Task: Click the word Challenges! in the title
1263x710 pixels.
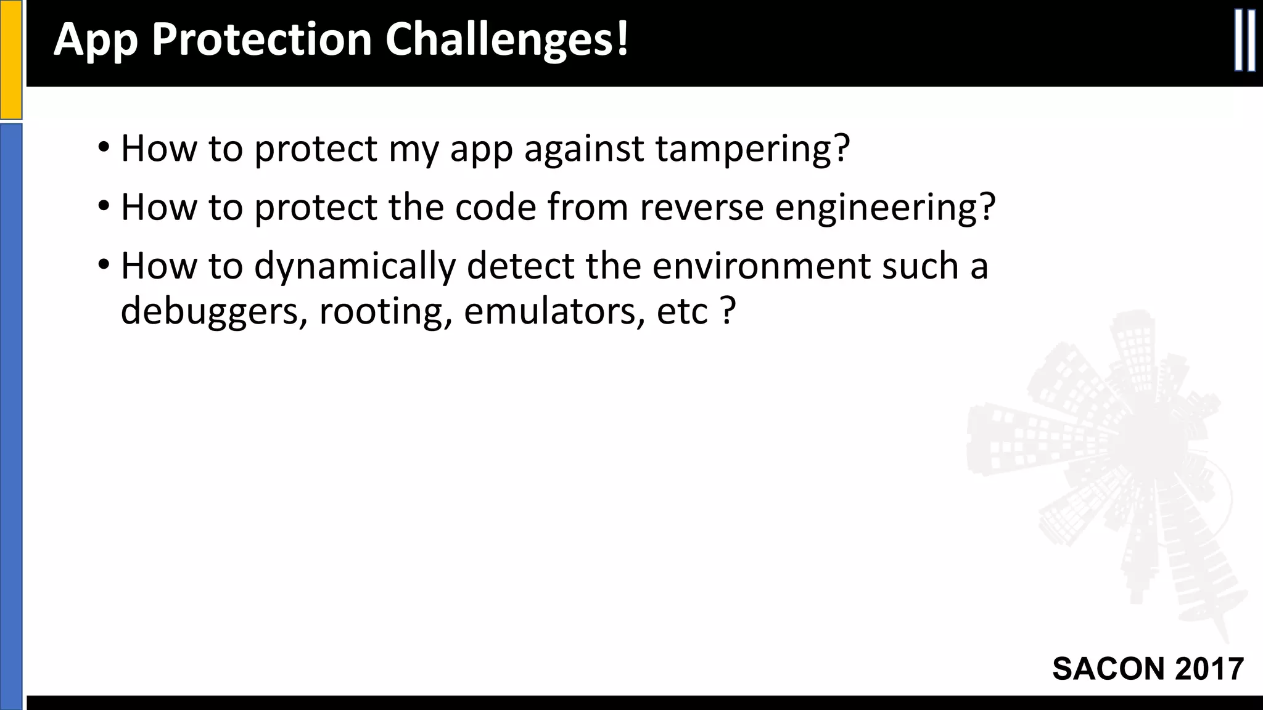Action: click(x=507, y=39)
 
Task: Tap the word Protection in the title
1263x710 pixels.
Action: click(x=261, y=39)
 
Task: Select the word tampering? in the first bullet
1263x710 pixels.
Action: click(x=752, y=149)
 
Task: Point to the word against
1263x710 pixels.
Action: click(x=583, y=149)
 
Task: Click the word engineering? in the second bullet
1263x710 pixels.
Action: click(x=885, y=208)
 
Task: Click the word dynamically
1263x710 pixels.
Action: click(x=355, y=267)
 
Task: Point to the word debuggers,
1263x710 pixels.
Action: click(x=213, y=312)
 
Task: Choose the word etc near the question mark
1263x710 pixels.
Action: click(x=682, y=312)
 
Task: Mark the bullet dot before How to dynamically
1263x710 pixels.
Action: click(x=104, y=266)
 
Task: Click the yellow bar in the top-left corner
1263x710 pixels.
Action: click(x=10, y=59)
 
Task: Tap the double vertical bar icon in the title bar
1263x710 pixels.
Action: click(x=1244, y=41)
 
